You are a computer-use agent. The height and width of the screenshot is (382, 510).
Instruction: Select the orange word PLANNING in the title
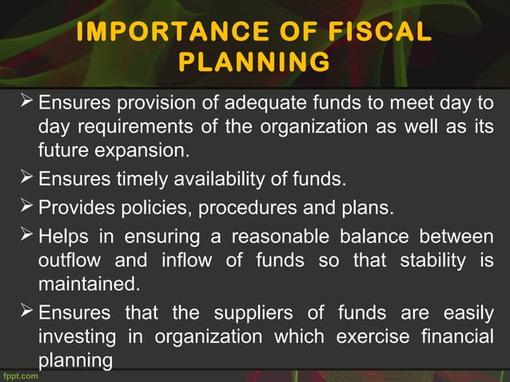pos(253,62)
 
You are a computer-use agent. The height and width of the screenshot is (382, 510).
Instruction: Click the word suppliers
pos(257,312)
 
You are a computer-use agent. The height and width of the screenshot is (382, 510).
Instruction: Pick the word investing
pos(72,336)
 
